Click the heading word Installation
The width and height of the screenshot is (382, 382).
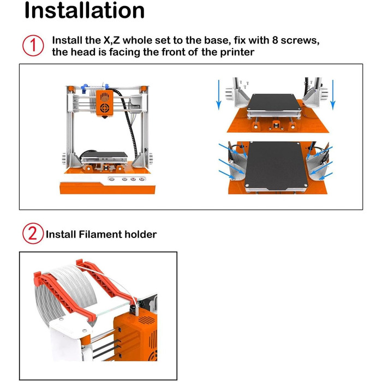tap(85, 10)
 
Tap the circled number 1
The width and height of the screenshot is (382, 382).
tap(33, 46)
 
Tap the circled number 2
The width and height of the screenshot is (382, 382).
tap(33, 234)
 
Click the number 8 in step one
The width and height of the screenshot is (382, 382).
tap(275, 40)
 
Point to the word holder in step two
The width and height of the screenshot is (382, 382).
tap(141, 234)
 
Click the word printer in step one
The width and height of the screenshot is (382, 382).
tap(237, 52)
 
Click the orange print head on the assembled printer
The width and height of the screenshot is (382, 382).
tap(105, 103)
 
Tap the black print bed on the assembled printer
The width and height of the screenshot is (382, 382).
tap(104, 154)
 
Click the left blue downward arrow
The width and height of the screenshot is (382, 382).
tap(219, 95)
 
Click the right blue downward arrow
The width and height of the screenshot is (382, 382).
tap(333, 95)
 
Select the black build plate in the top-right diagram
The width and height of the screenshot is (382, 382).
tap(274, 102)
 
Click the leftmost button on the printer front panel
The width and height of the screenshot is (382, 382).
tap(111, 180)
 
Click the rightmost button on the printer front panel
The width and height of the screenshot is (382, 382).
tap(141, 180)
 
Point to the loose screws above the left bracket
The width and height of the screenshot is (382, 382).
tap(244, 84)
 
